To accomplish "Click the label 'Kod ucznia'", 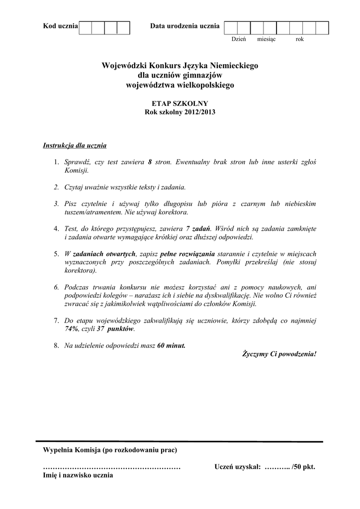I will point(61,26).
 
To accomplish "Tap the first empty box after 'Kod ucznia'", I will point(86,27).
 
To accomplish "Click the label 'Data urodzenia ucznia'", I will point(184,26).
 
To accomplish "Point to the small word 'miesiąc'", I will point(267,39).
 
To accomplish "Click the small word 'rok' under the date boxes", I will point(299,39).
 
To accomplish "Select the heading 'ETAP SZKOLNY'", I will point(180,103).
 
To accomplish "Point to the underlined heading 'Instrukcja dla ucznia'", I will point(75,146).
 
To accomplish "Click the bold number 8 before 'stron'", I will point(150,162).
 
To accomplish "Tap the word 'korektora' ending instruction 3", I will point(173,212).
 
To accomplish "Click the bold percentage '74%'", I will point(72,329).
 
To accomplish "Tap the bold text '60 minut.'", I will point(171,345).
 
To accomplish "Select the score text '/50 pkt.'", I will point(303,467).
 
